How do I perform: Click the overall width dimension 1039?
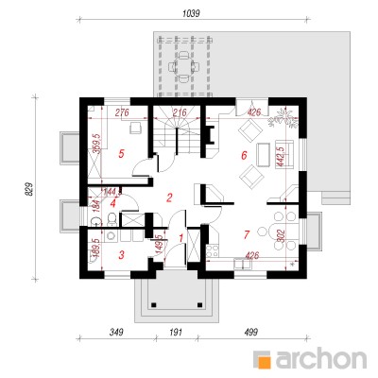point(191,13)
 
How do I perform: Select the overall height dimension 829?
point(28,189)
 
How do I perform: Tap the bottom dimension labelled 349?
point(116,332)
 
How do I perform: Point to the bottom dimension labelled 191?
point(176,332)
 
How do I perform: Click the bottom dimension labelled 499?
point(250,332)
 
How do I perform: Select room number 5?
point(121,154)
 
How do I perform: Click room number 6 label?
point(244,155)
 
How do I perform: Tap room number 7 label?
point(247,234)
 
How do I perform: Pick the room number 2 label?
point(169,198)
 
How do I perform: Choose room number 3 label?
point(122,255)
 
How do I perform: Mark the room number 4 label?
point(113,203)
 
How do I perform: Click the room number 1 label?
point(180,238)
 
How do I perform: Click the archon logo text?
point(321,358)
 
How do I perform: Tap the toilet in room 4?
point(112,219)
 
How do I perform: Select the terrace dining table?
point(183,67)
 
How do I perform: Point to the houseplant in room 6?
point(283,118)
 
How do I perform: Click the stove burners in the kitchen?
point(212,250)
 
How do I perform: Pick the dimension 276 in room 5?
point(122,112)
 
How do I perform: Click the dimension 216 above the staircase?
point(180,112)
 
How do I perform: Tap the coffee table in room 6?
point(263,155)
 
